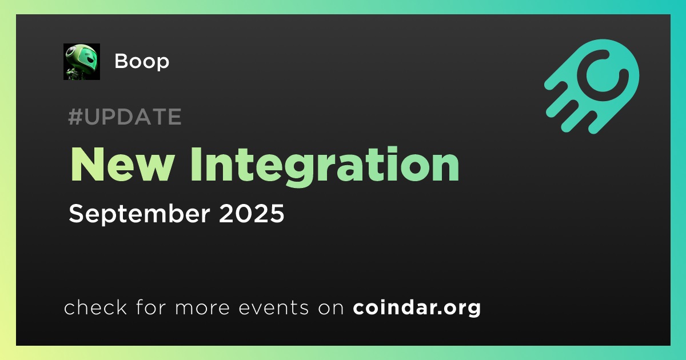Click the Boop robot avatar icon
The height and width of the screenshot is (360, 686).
[81, 62]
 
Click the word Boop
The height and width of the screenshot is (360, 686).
[142, 62]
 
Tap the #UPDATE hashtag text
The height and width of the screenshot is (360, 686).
[125, 117]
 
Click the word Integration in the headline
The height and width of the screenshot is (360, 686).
[325, 167]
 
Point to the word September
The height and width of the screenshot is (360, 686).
[139, 214]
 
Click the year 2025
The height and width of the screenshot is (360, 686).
[252, 213]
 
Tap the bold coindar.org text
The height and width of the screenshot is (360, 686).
[417, 307]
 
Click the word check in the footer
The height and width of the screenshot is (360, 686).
[95, 307]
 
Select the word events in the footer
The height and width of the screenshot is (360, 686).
[273, 307]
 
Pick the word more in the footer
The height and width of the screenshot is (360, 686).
[202, 308]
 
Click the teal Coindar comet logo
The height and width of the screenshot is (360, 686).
[592, 86]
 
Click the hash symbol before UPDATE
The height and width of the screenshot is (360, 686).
[75, 117]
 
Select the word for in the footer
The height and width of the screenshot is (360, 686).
[151, 307]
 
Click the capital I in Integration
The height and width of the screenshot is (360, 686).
[196, 165]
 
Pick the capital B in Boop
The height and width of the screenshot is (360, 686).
[121, 61]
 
